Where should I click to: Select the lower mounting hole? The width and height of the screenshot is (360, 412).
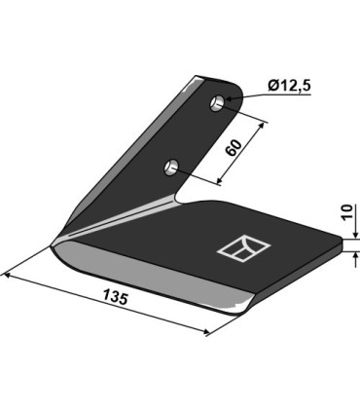click(172, 167)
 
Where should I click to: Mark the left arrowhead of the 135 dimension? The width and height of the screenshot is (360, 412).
click(8, 277)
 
